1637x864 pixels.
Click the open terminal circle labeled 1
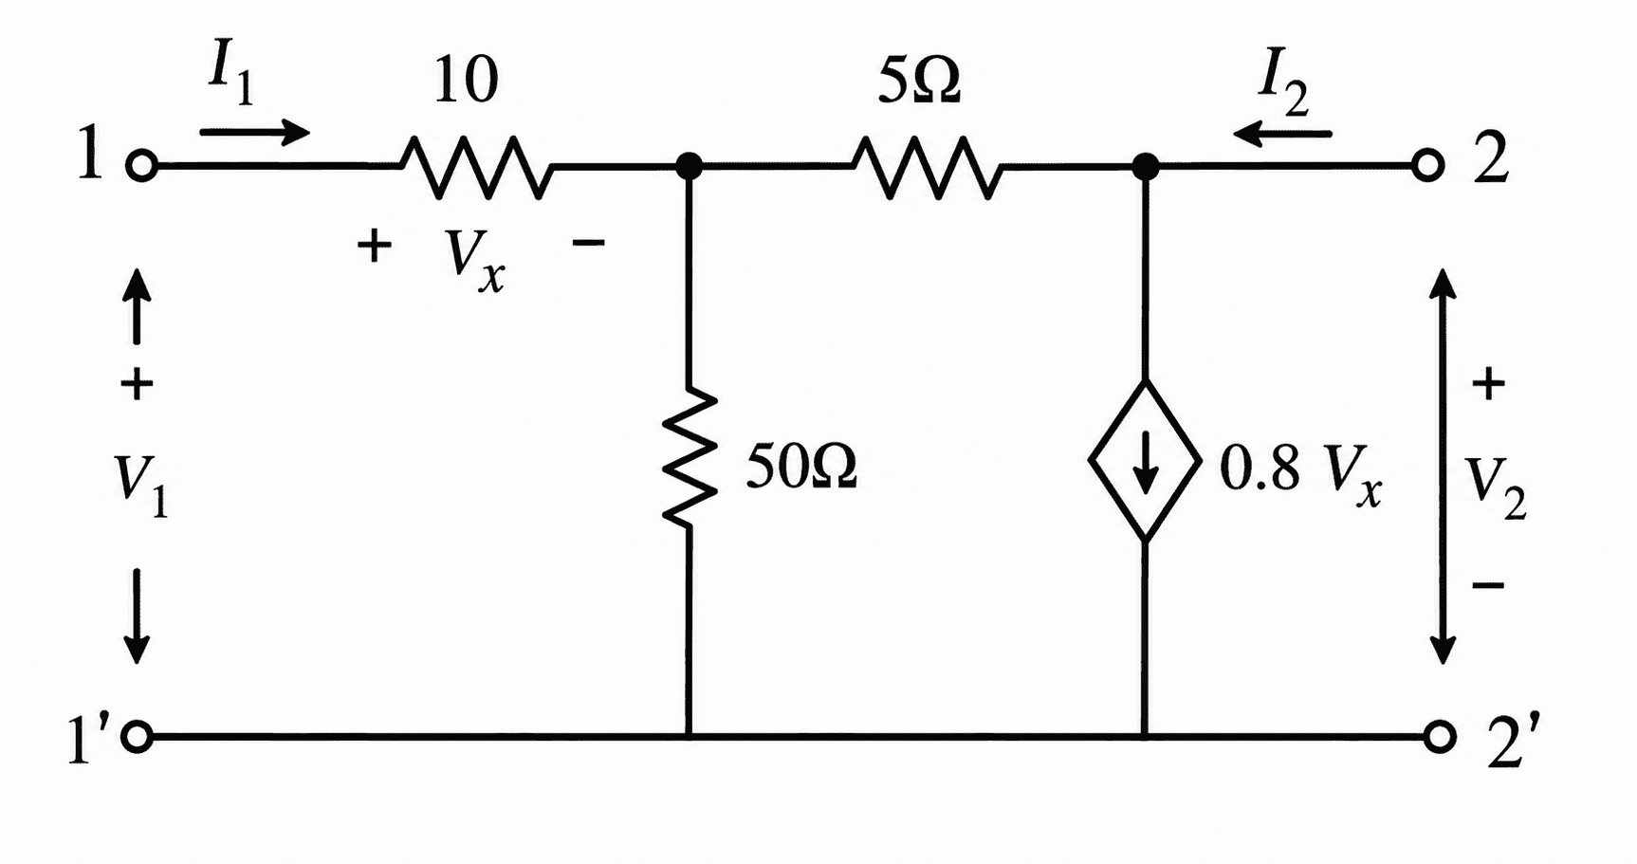pyautogui.click(x=140, y=166)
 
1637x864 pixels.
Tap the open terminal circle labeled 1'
pyautogui.click(x=138, y=736)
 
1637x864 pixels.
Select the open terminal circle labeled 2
pyautogui.click(x=1427, y=166)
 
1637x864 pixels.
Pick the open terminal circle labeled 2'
pyautogui.click(x=1439, y=736)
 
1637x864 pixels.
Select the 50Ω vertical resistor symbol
pyautogui.click(x=690, y=455)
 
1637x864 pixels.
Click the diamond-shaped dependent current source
pyautogui.click(x=1145, y=461)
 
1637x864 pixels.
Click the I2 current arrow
pyautogui.click(x=1282, y=134)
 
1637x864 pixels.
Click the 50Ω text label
pyautogui.click(x=801, y=466)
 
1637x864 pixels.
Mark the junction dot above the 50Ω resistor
pyautogui.click(x=690, y=167)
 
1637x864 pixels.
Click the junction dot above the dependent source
pyautogui.click(x=1146, y=167)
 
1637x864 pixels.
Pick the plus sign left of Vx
pyautogui.click(x=375, y=246)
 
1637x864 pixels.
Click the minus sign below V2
pyautogui.click(x=1487, y=585)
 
